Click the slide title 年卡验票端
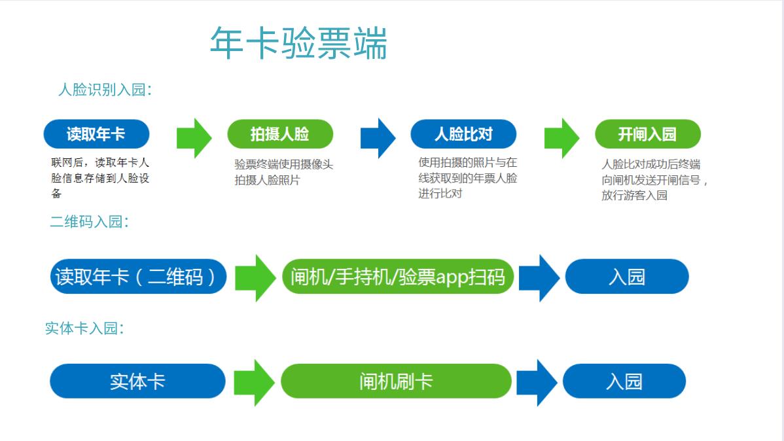[298, 43]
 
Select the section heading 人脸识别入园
[105, 90]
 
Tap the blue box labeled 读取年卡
[96, 135]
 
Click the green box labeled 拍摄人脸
[280, 135]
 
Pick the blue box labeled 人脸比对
[463, 135]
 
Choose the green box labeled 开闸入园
[647, 135]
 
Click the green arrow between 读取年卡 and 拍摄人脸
[194, 138]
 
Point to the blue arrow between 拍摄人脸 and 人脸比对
[378, 138]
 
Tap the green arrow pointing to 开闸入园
[561, 138]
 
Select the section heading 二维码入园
[89, 222]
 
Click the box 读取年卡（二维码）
[139, 277]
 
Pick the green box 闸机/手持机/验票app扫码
[398, 277]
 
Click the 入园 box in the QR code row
[626, 277]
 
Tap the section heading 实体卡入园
[84, 328]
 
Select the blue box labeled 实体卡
[137, 381]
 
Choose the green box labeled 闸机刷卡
[396, 381]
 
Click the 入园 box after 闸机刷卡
[624, 381]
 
